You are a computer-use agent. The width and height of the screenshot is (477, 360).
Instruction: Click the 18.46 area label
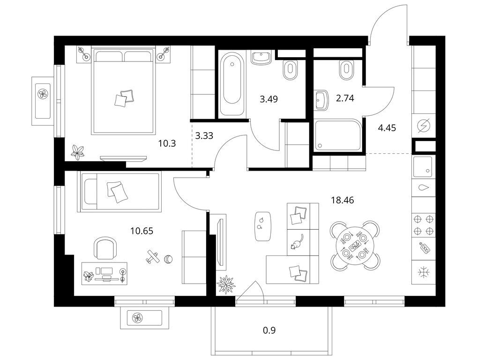tap(343, 200)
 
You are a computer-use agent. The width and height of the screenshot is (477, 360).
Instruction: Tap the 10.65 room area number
tap(142, 231)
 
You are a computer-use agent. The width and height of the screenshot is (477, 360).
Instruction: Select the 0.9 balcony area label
tap(269, 330)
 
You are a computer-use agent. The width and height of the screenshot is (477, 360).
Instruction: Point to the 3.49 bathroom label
tap(268, 99)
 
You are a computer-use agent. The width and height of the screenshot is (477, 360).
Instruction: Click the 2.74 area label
tap(345, 98)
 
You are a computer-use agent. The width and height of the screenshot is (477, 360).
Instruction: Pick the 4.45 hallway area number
tap(387, 128)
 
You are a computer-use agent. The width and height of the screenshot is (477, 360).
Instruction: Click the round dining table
tap(355, 245)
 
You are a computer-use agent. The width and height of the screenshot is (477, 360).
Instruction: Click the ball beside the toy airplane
tap(168, 259)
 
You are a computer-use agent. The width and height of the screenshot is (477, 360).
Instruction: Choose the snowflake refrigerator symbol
tap(423, 272)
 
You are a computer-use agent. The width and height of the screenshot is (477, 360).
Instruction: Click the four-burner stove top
tap(424, 225)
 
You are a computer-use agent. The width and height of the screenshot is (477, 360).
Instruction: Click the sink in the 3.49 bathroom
tap(261, 58)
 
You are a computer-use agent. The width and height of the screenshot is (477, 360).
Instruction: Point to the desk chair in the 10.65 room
tap(105, 248)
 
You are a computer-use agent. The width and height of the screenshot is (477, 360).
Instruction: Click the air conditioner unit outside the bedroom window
tap(43, 101)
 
